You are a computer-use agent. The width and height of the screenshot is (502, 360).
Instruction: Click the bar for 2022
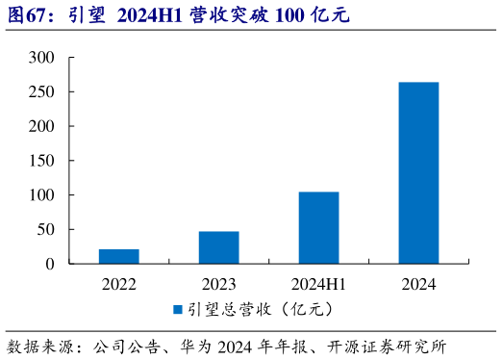[119, 256]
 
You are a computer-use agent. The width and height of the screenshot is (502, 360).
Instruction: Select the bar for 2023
[219, 247]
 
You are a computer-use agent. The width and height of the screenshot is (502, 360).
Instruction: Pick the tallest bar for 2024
[418, 172]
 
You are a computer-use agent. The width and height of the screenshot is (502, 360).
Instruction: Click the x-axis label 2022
[119, 284]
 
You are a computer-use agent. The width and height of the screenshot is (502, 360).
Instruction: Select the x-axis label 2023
[219, 284]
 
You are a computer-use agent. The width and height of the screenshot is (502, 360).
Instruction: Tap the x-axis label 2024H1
[318, 284]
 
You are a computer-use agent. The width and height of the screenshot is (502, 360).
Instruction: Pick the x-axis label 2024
[418, 284]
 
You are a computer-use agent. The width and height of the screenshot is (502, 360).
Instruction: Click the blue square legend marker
[177, 309]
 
